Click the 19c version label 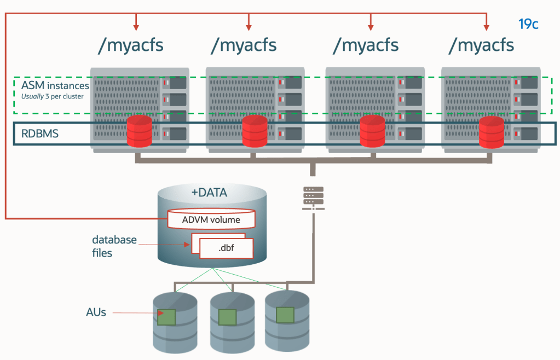point(528,24)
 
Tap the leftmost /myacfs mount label point(130,45)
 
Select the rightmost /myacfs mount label point(481,45)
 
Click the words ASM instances point(55,86)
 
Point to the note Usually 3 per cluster point(52,97)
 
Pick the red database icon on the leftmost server point(139,131)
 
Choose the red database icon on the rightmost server point(491,131)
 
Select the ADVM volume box point(211,220)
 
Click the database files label point(114,246)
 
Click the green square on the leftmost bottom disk point(166,318)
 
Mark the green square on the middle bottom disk point(227,317)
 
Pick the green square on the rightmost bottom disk point(285,315)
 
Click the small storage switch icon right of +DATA point(313,197)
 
